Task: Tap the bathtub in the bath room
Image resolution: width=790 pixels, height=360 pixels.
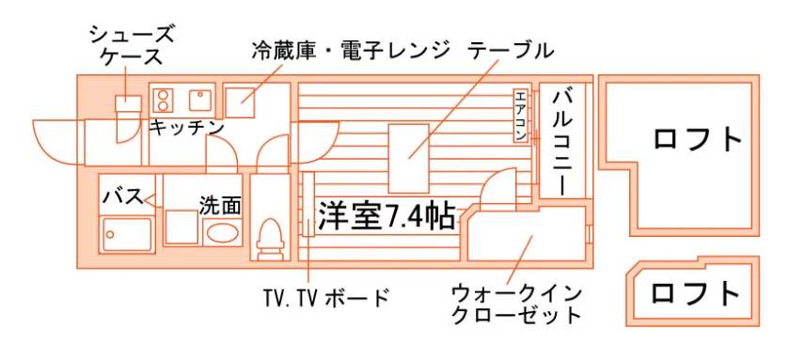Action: click(127, 234)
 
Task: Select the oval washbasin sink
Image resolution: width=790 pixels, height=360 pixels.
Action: click(222, 233)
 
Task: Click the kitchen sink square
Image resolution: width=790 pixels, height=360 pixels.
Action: click(202, 100)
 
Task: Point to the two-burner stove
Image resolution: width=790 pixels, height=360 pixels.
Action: click(163, 100)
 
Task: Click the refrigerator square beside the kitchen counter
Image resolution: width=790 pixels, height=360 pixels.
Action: click(239, 102)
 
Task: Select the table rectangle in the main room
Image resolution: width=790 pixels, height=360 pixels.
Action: click(408, 158)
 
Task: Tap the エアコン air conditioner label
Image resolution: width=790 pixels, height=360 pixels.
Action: click(521, 116)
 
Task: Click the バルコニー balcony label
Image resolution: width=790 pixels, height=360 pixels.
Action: click(562, 142)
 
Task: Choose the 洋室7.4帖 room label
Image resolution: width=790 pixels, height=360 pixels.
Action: click(387, 217)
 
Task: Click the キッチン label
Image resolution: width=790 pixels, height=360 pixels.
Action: click(186, 128)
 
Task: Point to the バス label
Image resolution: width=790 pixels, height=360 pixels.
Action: click(123, 196)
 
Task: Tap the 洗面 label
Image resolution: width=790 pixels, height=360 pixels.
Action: click(220, 206)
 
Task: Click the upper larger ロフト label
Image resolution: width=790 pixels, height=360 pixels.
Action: click(698, 139)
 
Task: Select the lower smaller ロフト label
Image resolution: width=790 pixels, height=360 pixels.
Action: click(696, 293)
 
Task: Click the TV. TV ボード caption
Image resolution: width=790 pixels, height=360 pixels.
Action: click(326, 299)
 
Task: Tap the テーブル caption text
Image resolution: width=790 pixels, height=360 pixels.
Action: click(510, 51)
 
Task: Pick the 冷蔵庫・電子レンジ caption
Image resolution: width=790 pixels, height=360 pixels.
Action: click(351, 52)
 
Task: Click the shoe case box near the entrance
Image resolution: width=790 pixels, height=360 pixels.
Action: click(129, 103)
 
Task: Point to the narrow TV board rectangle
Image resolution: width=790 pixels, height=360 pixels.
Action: click(308, 204)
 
